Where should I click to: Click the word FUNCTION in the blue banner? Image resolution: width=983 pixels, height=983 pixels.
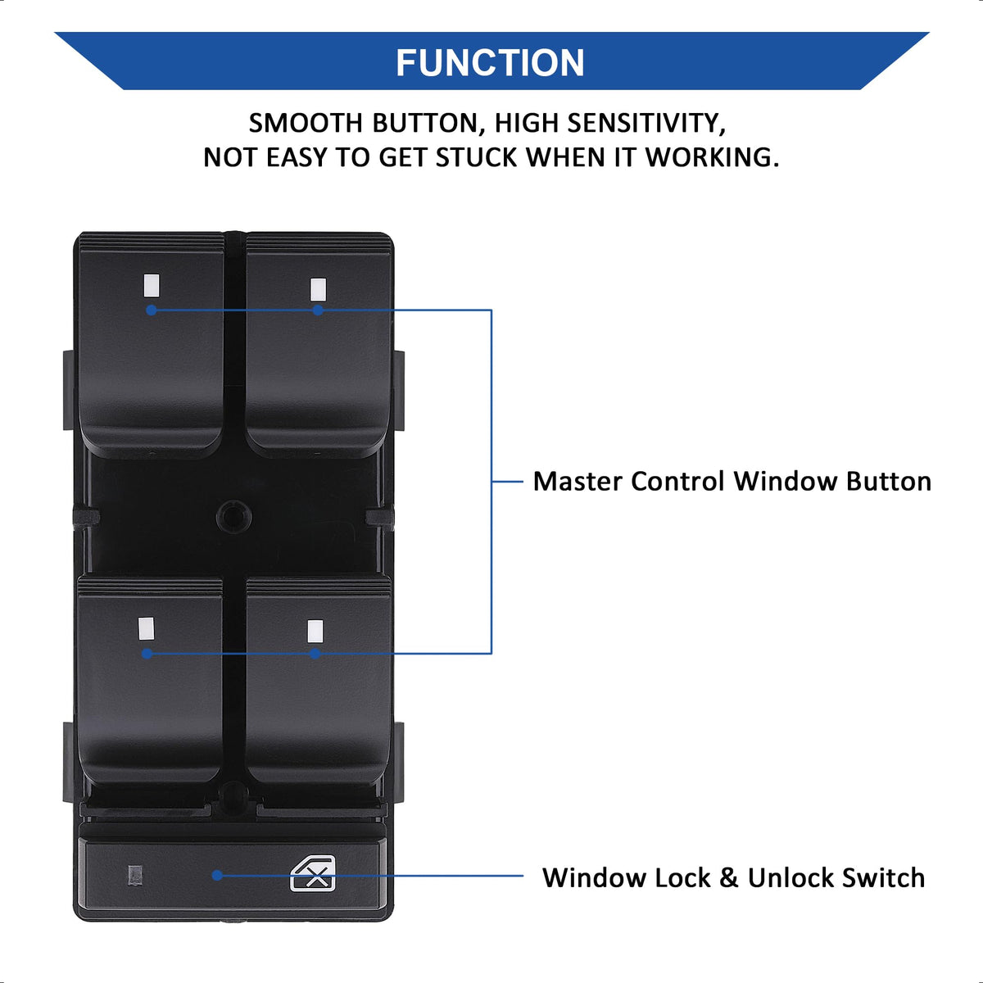490,63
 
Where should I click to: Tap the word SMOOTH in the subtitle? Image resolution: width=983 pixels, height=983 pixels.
306,123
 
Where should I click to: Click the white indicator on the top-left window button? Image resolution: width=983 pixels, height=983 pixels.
149,285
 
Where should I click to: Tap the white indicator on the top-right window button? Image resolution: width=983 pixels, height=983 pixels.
318,288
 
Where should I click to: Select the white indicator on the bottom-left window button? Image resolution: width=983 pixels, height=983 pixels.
147,627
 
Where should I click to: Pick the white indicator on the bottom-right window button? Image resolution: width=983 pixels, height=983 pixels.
315,631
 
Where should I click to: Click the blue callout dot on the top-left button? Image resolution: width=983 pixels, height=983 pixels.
151,310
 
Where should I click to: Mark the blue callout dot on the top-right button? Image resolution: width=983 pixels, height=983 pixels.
318,310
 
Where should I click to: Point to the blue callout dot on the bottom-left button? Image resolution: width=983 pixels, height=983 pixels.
147,653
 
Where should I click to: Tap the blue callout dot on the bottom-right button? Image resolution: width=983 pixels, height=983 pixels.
315,653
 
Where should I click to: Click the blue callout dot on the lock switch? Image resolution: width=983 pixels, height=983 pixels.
217,875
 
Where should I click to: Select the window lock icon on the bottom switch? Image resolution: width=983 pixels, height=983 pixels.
313,873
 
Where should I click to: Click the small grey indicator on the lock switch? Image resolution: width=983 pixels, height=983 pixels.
135,875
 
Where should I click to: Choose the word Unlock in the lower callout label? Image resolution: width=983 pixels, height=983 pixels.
790,877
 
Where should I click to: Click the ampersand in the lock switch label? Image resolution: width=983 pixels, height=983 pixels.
728,878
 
